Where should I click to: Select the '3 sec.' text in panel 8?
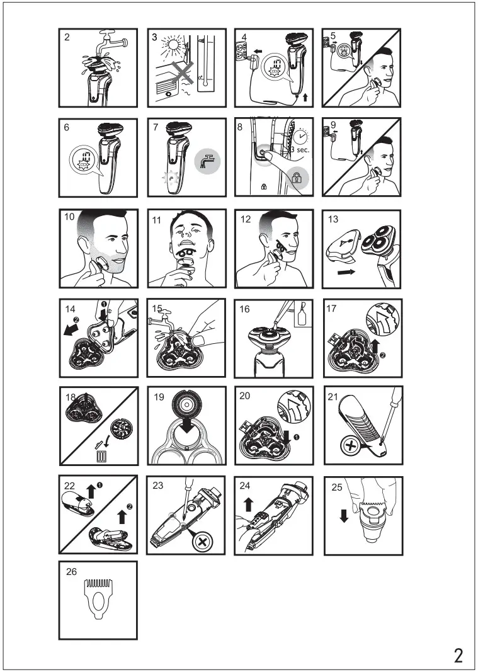click(300, 150)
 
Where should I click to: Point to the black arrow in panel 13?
click(346, 271)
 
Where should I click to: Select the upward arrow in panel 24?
click(247, 504)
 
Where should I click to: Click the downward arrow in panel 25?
click(344, 515)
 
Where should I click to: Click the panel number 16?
click(244, 309)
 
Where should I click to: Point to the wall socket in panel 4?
click(242, 52)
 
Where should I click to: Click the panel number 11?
click(156, 220)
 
